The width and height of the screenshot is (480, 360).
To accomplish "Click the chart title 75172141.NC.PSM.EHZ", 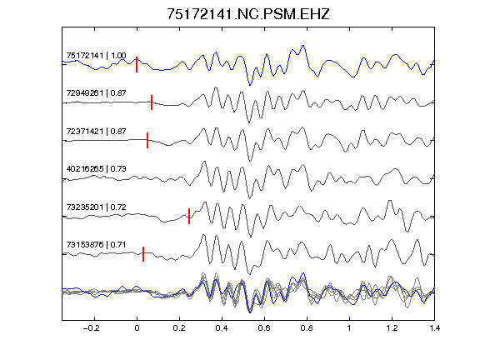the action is coord(248,14).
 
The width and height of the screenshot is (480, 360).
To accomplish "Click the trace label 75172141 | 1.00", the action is coord(96,56).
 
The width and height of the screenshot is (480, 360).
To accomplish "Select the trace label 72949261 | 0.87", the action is coord(96,93).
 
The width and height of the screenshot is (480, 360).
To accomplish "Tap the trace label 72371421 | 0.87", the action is coord(96,132).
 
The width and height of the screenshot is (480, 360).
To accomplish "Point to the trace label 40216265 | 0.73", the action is coord(96,169).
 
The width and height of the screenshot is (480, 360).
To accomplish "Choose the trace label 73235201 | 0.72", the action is coord(96,207).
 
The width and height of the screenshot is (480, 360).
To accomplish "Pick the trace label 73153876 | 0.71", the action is coord(96,245).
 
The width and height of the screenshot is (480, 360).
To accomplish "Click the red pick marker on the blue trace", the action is coord(137,65).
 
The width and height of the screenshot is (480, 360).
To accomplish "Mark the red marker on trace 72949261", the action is coord(152,102).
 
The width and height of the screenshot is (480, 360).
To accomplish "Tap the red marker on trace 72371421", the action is coord(147,140).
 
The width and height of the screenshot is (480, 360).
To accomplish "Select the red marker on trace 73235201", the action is coord(189,216).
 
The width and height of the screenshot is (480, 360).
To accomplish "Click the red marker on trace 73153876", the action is coord(143,254).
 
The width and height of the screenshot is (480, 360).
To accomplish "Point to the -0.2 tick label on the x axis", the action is coord(92,328).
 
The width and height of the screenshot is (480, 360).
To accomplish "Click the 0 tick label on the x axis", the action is coord(137,328).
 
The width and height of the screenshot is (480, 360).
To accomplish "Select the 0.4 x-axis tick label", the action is coord(222,328).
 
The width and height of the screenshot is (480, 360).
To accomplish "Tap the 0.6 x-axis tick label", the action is coord(264,328).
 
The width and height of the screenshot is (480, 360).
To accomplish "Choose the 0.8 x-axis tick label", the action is coord(307,328).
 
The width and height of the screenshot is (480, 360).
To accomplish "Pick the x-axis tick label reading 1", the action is coord(349,328).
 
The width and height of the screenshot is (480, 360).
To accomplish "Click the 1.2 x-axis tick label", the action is coord(392,328).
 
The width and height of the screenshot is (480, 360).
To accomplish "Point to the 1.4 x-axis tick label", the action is coord(434,328).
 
